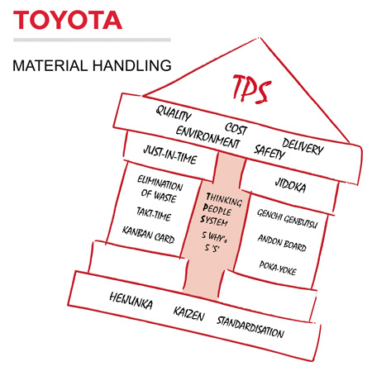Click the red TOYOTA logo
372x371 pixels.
click(68, 20)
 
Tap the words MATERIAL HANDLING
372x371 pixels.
click(92, 65)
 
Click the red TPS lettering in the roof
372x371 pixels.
click(251, 88)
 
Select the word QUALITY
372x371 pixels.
click(174, 113)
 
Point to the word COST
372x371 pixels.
click(236, 129)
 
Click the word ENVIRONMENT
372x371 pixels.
click(207, 137)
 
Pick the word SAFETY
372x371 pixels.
click(269, 151)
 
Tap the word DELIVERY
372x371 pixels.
click(303, 147)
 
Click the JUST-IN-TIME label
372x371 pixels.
click(170, 155)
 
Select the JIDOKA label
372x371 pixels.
click(290, 185)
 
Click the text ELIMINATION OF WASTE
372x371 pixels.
click(160, 189)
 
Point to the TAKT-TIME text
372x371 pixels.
click(154, 214)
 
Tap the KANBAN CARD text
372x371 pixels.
click(148, 235)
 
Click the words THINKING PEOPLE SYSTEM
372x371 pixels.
click(222, 210)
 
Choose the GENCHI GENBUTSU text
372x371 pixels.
click(288, 219)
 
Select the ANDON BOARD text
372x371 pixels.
click(282, 243)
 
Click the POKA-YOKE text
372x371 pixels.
click(278, 268)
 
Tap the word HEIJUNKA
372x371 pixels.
click(131, 301)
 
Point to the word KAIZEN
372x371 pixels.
click(189, 314)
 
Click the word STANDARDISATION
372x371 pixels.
click(250, 327)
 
